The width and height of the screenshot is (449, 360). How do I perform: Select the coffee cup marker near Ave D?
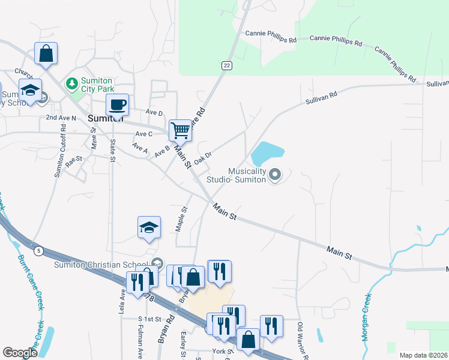(118, 104)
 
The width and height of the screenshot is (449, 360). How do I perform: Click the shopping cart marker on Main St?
(180, 129)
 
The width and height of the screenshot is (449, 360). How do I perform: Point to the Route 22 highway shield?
(226, 65)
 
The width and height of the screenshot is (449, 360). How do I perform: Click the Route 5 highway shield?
(38, 250)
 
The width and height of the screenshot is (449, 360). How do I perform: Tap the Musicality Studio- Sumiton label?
(236, 175)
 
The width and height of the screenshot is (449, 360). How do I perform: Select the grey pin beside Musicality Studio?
(276, 175)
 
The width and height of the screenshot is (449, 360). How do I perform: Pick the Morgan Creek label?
(367, 317)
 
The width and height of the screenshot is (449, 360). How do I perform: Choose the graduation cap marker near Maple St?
(149, 227)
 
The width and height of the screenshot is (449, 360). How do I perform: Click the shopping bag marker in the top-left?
(46, 53)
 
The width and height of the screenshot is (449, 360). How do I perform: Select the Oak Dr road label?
(203, 156)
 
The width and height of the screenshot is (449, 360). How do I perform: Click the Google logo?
(20, 353)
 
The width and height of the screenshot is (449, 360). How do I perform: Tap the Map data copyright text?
(423, 355)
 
